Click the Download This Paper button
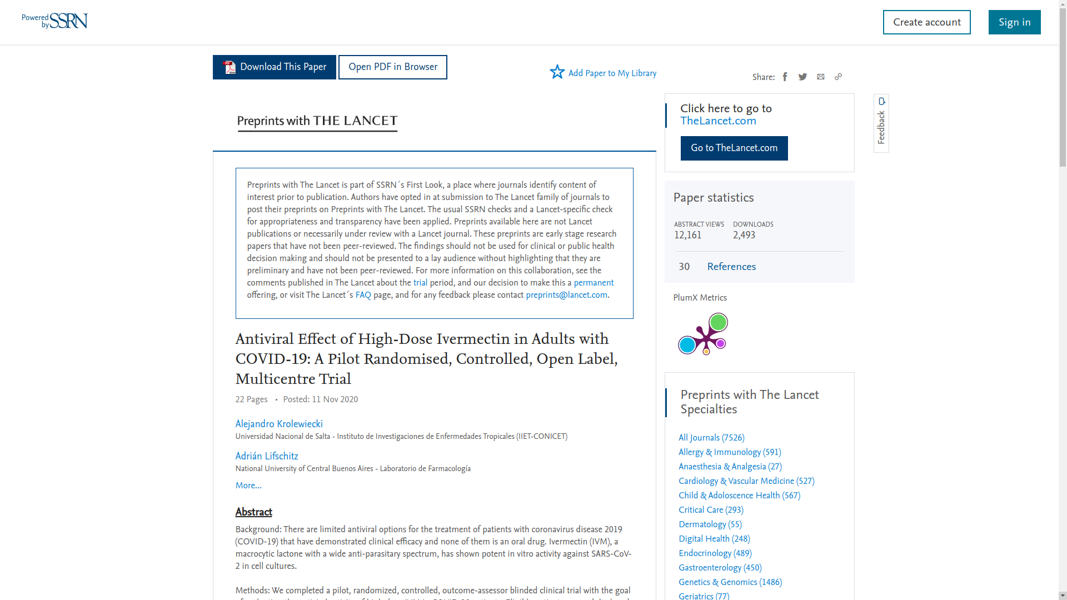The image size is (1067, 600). [x=274, y=67]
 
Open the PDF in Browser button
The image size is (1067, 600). [x=392, y=67]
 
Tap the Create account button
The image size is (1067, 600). [x=926, y=22]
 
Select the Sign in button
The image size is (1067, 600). [x=1014, y=22]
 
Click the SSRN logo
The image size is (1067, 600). [x=55, y=21]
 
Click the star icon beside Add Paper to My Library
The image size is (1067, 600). [x=557, y=72]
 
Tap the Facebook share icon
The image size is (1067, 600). [x=785, y=77]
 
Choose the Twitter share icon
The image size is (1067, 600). [x=802, y=77]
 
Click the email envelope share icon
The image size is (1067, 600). [x=820, y=77]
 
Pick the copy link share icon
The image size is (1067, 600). [x=838, y=77]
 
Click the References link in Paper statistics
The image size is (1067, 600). [x=731, y=267]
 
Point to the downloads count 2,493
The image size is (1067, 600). [x=744, y=236]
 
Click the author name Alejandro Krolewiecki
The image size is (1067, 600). [x=278, y=424]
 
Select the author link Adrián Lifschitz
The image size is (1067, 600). [x=266, y=457]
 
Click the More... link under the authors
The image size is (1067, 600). [x=248, y=486]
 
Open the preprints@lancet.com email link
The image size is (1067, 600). [x=566, y=296]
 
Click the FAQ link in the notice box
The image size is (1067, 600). [x=363, y=296]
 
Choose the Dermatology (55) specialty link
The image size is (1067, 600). [x=710, y=524]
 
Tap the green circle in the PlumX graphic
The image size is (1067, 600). [x=719, y=322]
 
